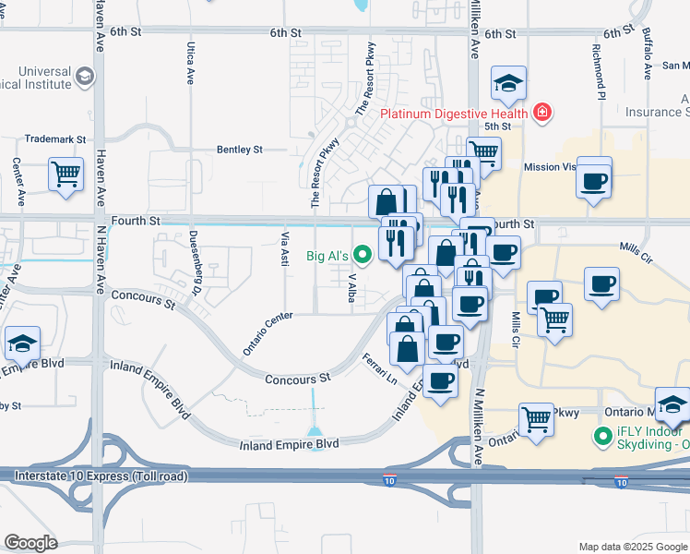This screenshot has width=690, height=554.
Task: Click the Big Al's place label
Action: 327,255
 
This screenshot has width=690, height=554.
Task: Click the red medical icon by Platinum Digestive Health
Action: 542,114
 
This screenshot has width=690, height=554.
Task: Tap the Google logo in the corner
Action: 30,542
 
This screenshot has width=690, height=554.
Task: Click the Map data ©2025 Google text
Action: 632,547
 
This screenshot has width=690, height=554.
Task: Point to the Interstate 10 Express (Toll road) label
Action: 101,476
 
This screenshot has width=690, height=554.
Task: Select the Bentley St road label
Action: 240,149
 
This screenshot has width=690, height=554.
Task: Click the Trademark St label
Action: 54,139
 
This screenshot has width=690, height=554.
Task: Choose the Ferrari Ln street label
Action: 379,369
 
